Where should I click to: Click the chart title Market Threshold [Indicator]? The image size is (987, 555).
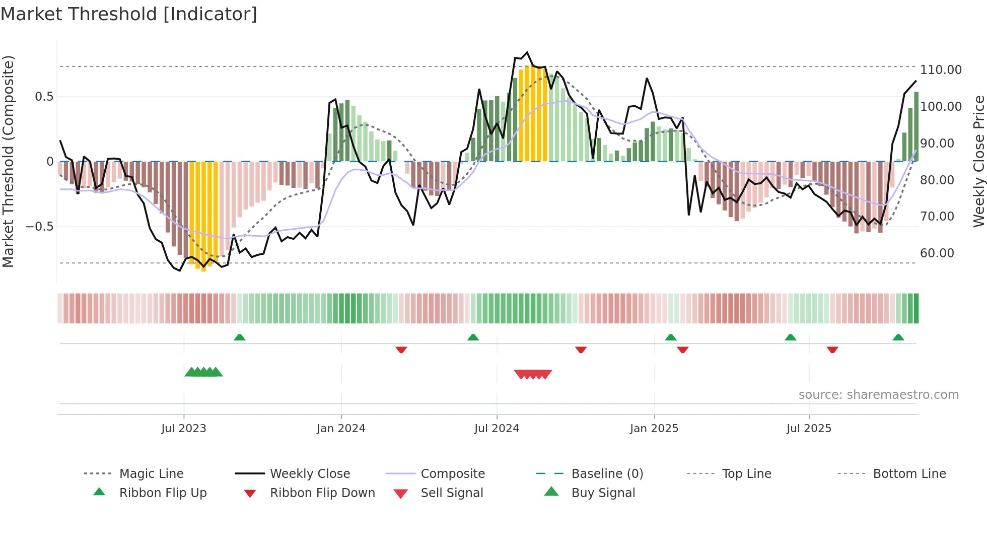[x=129, y=14]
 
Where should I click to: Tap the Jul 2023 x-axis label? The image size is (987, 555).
[x=184, y=428]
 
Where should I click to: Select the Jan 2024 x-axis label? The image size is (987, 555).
[x=341, y=428]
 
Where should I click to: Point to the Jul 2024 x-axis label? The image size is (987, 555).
[x=497, y=428]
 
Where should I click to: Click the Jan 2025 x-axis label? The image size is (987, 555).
[x=654, y=428]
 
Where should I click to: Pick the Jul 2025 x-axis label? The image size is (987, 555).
[x=809, y=428]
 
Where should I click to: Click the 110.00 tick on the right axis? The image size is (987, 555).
[x=941, y=70]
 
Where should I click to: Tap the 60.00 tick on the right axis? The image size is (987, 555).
[x=937, y=253]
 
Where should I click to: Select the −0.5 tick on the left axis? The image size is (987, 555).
[x=40, y=227]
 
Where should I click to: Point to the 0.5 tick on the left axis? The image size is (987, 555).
[x=44, y=97]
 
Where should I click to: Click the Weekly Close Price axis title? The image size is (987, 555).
[x=978, y=161]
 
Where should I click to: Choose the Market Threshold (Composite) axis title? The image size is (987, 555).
[x=8, y=161]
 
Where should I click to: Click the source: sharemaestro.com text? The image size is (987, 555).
[x=878, y=395]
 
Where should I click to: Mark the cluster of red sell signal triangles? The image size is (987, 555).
[x=533, y=374]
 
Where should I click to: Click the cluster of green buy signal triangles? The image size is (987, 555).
[x=203, y=372]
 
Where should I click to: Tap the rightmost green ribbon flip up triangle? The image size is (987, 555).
[x=898, y=337]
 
